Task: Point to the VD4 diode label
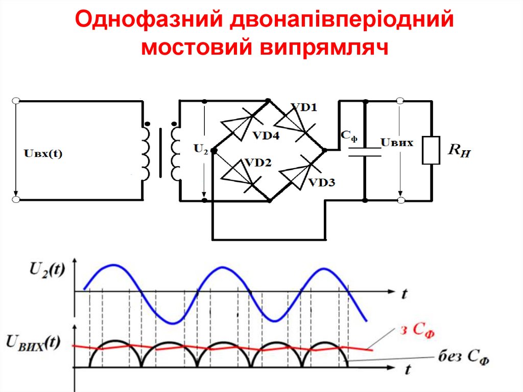(x=266, y=136)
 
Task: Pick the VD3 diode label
(x=321, y=182)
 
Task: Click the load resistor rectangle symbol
(x=431, y=150)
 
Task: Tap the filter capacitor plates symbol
(x=365, y=151)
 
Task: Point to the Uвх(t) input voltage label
(x=43, y=152)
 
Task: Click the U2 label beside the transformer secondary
(x=201, y=150)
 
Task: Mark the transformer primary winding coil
(x=146, y=153)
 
